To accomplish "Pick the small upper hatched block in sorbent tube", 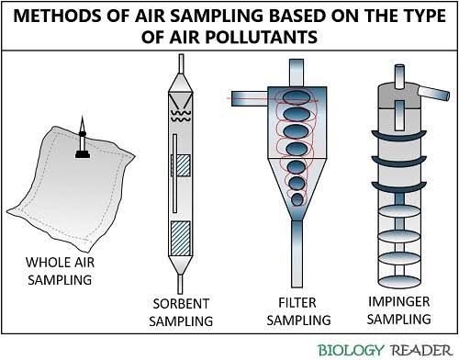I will [182, 166].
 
